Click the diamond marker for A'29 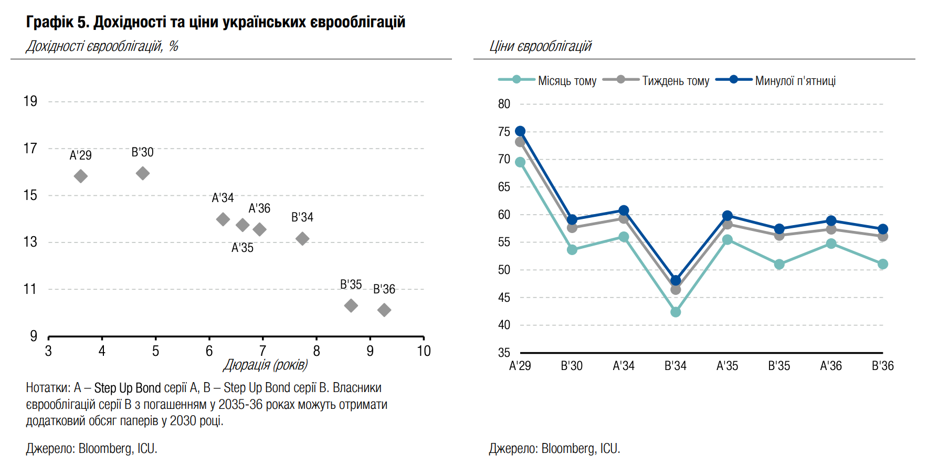(80, 176)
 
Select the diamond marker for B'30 (143, 173)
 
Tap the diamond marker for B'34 (302, 238)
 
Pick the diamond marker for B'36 (384, 310)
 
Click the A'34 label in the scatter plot (223, 198)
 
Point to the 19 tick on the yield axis (30, 101)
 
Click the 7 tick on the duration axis (263, 351)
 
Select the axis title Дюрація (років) (266, 365)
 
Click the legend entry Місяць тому (567, 81)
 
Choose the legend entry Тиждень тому (676, 81)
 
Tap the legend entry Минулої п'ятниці (795, 81)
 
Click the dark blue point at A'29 (520, 131)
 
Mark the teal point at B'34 (676, 312)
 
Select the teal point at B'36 (883, 264)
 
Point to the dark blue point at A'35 (727, 216)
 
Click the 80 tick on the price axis (504, 104)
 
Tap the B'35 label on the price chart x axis (779, 366)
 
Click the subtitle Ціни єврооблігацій (540, 46)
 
